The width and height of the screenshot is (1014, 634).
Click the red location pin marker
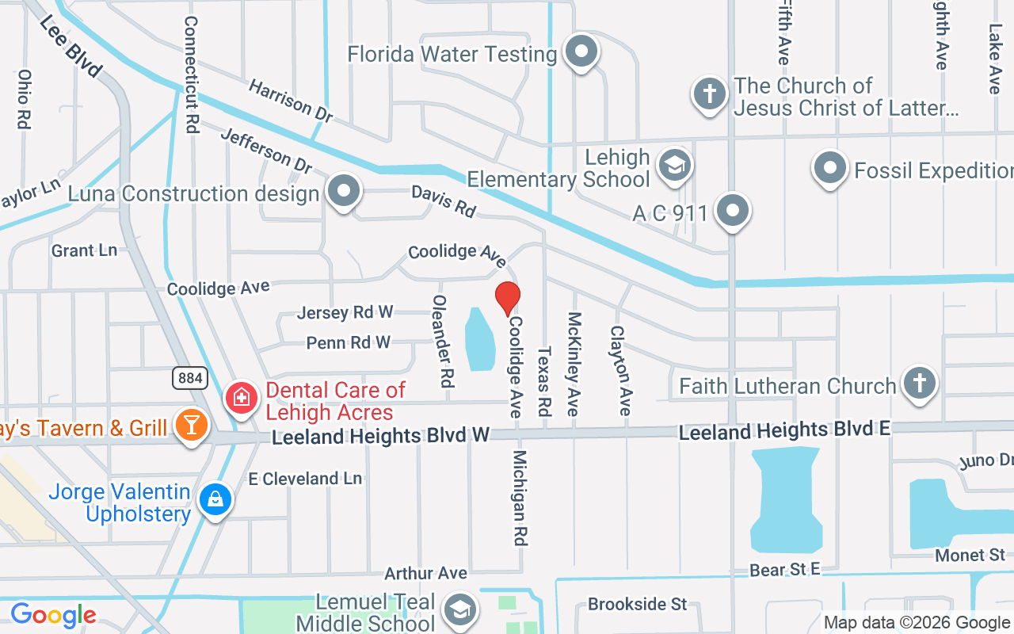tap(508, 298)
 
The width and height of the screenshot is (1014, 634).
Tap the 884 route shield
tap(190, 378)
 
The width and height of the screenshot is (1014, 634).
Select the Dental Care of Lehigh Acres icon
tap(241, 397)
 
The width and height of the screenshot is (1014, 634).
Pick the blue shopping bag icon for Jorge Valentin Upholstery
tap(215, 499)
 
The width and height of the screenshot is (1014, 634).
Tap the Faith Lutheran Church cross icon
tap(919, 384)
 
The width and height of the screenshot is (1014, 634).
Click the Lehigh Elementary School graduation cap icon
tap(674, 166)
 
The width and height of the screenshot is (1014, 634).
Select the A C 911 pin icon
tap(733, 212)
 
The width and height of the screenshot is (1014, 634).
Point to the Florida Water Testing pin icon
tap(582, 52)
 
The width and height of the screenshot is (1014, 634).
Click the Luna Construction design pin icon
tap(343, 192)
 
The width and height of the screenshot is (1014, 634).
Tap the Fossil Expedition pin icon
tap(830, 168)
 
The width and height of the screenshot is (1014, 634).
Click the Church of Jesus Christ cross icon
tap(710, 94)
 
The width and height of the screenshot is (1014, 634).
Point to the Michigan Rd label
tap(520, 498)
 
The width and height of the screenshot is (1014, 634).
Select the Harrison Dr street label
tap(290, 101)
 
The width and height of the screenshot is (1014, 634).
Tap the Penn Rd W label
tap(349, 342)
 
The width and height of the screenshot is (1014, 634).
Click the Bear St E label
tap(785, 570)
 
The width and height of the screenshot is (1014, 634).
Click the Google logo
tap(53, 615)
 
